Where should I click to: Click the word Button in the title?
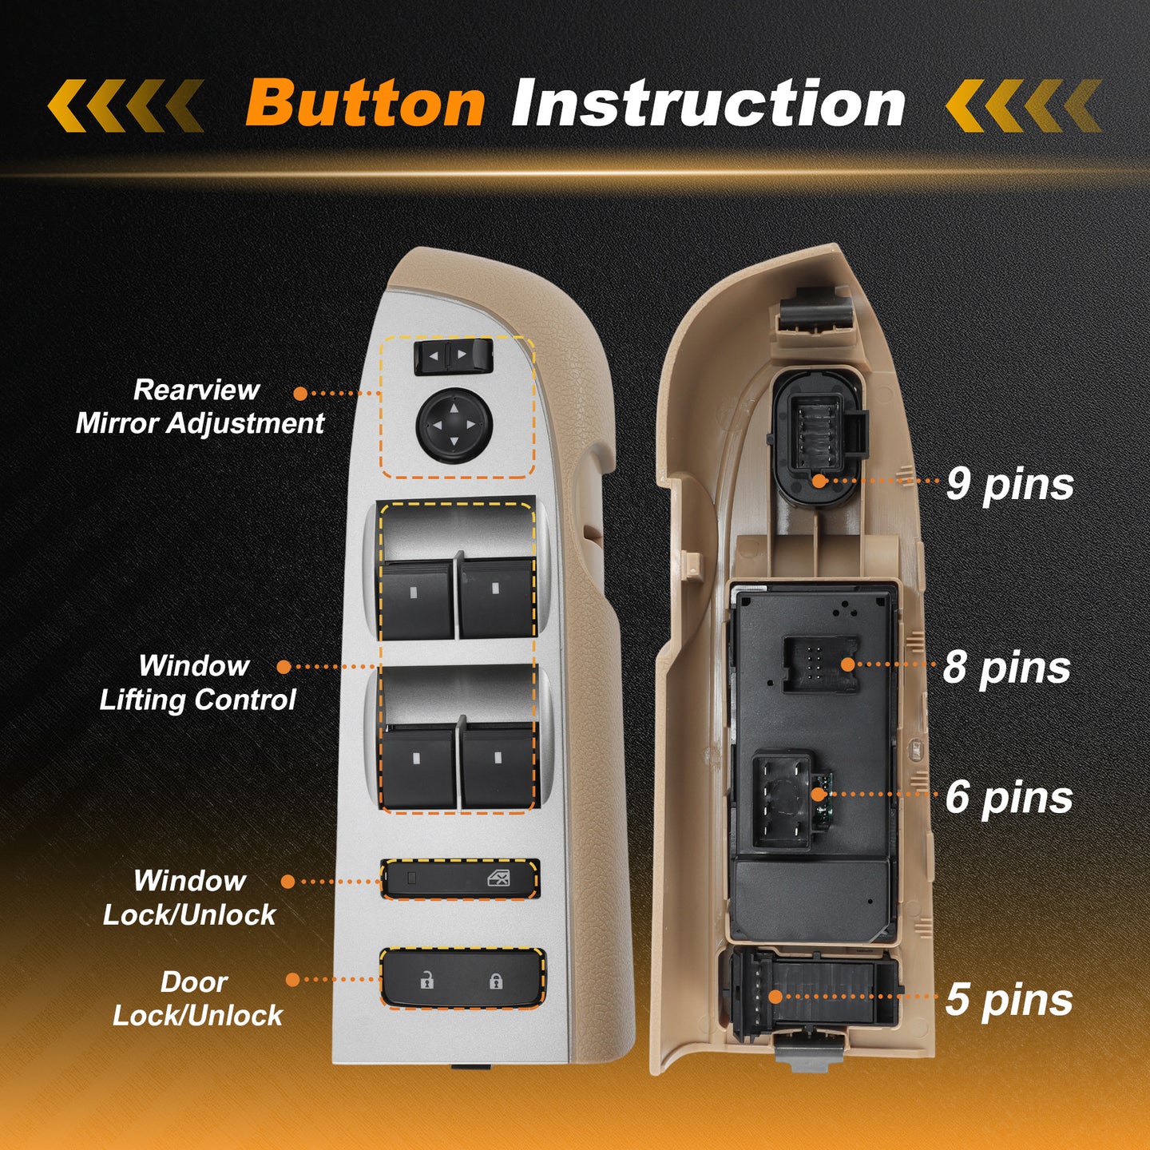pyautogui.click(x=365, y=104)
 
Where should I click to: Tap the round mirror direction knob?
pyautogui.click(x=454, y=424)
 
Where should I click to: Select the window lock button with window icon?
pyautogui.click(x=460, y=878)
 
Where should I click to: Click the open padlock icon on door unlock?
pyautogui.click(x=426, y=981)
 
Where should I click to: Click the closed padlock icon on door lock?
pyautogui.click(x=496, y=981)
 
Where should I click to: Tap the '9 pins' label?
pyautogui.click(x=1009, y=484)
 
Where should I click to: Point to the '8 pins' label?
pyautogui.click(x=1007, y=667)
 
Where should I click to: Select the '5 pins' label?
pyautogui.click(x=1009, y=999)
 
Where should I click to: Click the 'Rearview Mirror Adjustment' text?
pyautogui.click(x=200, y=406)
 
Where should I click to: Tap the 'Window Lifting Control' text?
pyautogui.click(x=197, y=683)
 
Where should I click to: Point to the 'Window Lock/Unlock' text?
pyautogui.click(x=189, y=898)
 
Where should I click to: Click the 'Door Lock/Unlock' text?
pyautogui.click(x=197, y=998)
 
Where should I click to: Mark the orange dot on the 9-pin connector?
pyautogui.click(x=819, y=480)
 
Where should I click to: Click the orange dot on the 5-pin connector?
pyautogui.click(x=775, y=996)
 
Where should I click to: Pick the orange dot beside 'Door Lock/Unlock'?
pyautogui.click(x=292, y=979)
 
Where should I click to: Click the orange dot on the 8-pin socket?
pyautogui.click(x=847, y=664)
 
